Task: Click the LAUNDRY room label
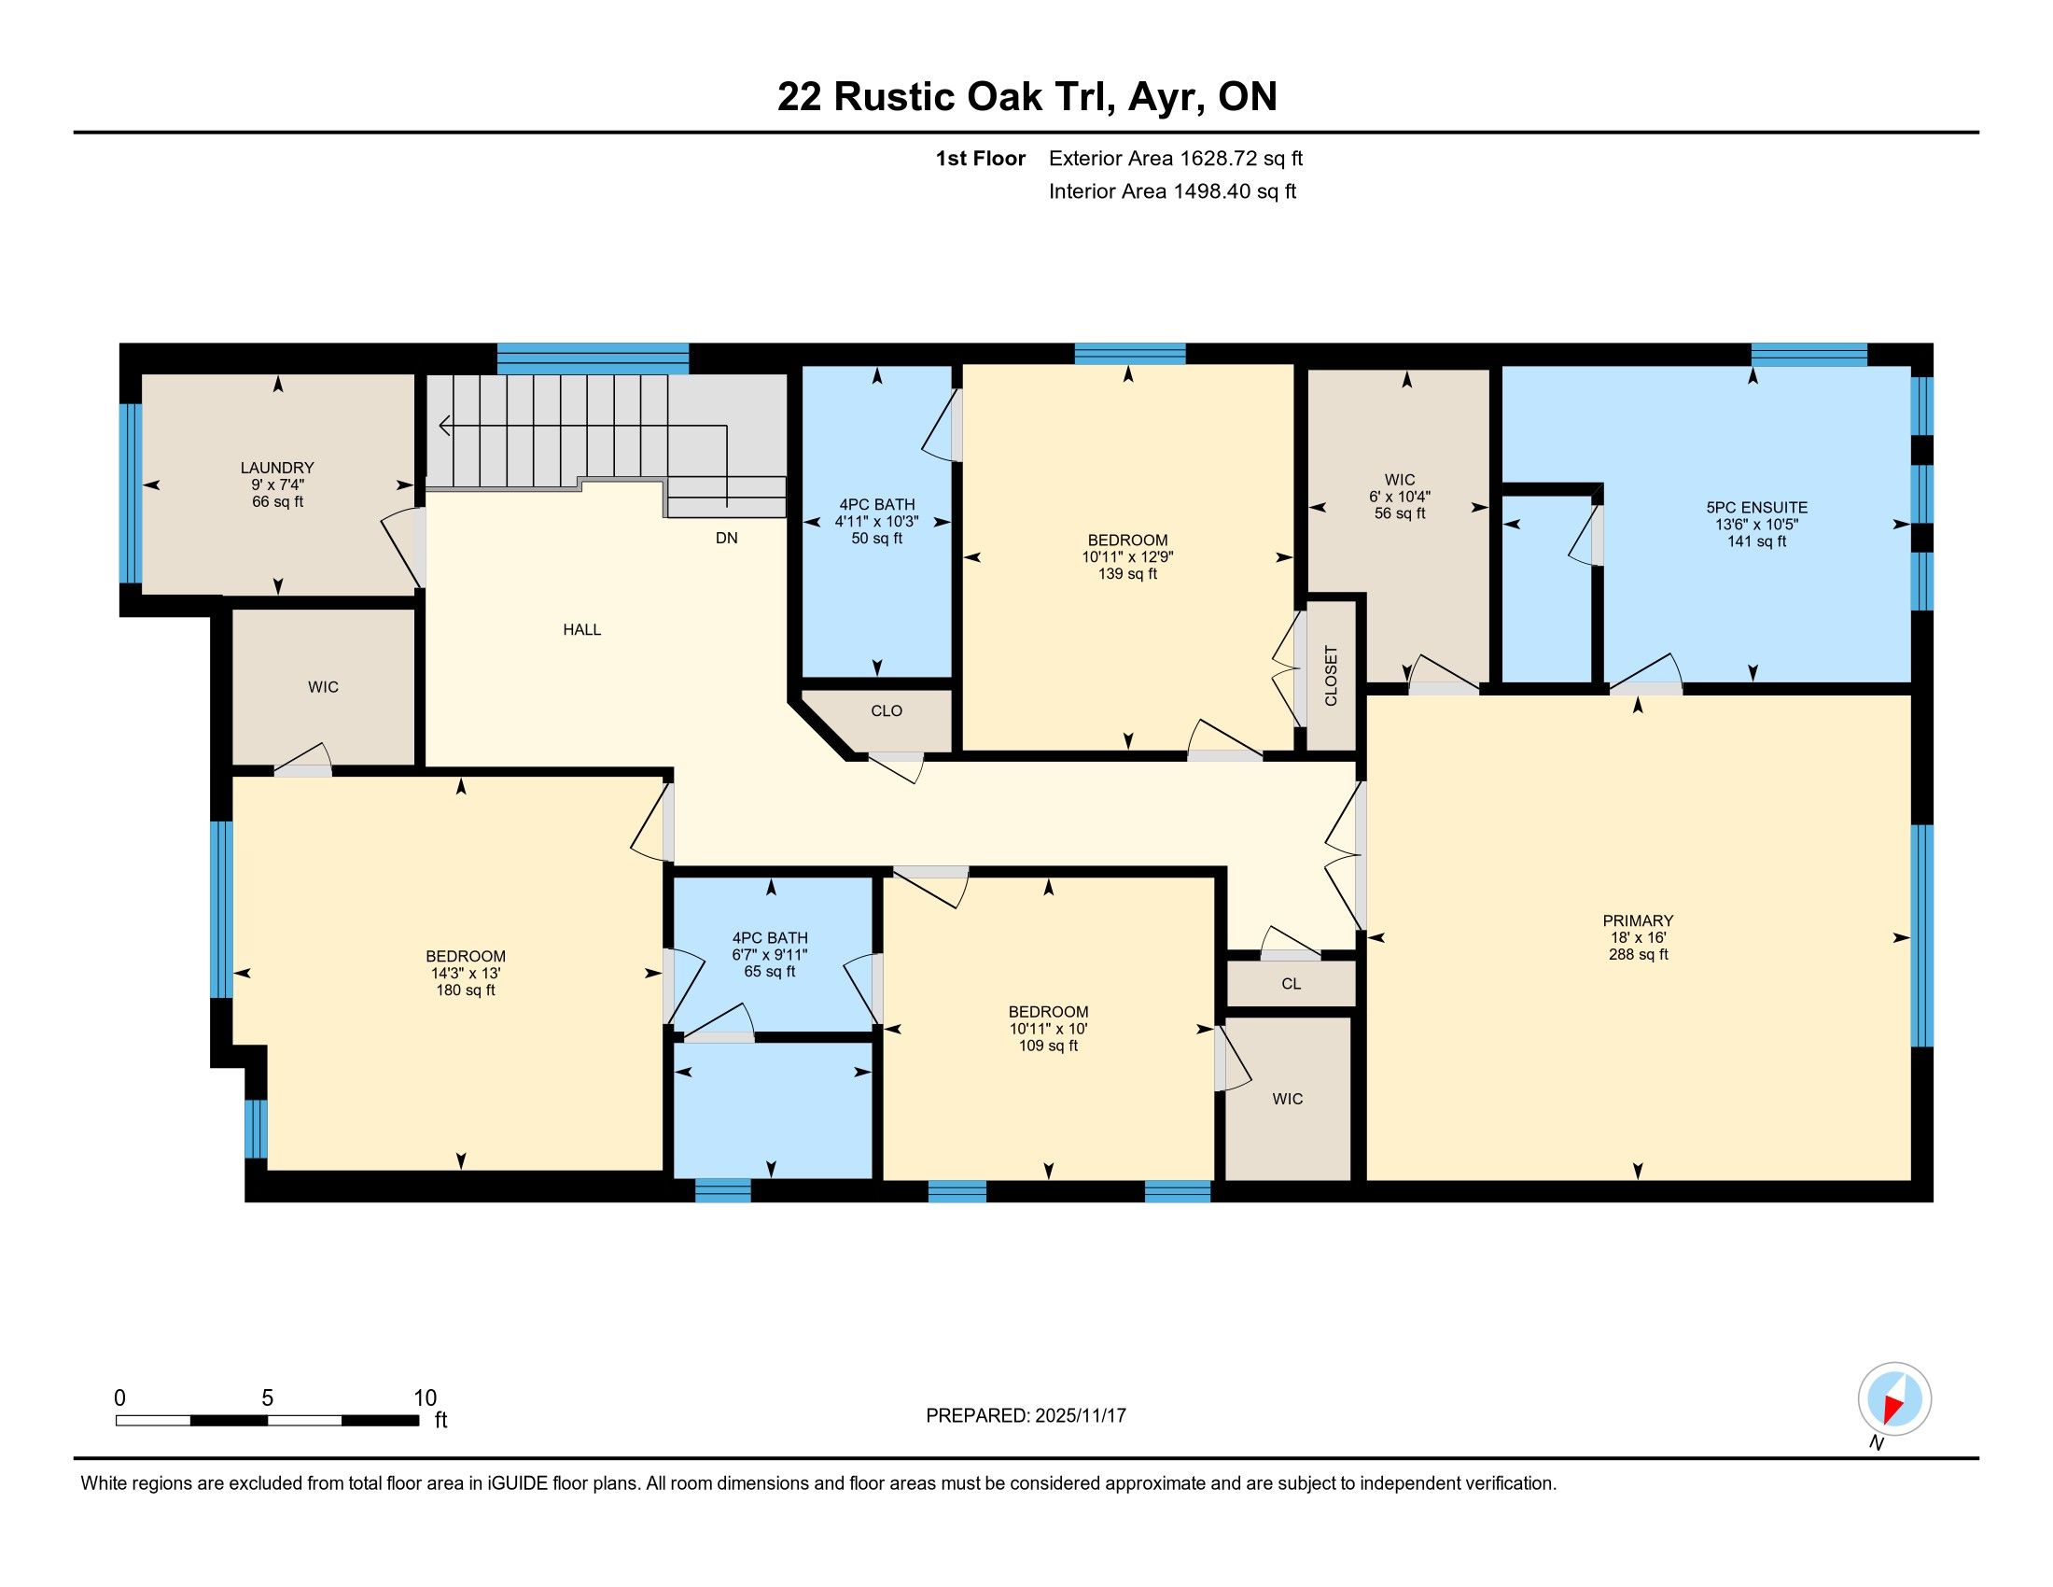pos(277,468)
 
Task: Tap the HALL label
pos(582,630)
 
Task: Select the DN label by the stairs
pos(727,538)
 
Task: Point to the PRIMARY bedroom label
pos(1639,920)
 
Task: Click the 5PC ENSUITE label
pos(1757,508)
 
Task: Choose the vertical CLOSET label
pos(1331,675)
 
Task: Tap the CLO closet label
pos(887,710)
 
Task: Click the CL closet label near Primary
pos(1292,983)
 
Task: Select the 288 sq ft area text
pos(1639,954)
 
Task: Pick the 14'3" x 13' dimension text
pos(466,973)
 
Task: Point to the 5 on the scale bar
pos(268,1398)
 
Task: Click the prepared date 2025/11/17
pos(1080,1416)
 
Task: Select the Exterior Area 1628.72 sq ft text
pos(1176,158)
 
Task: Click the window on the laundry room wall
pos(131,494)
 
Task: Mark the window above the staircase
pos(594,358)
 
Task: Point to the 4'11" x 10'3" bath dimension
pos(877,522)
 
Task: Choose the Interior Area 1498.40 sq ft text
pos(1172,191)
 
